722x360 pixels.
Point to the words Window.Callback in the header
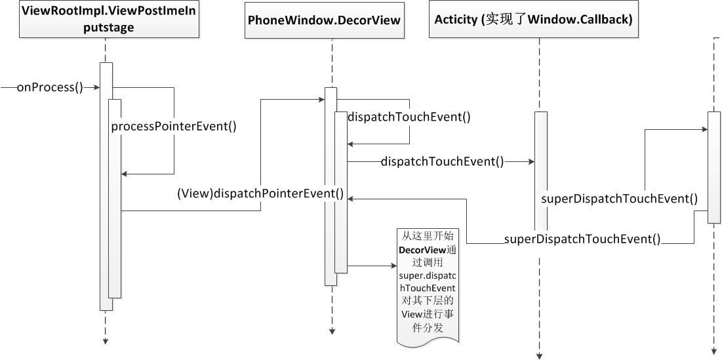pyautogui.click(x=588, y=20)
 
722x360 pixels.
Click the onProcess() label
pyautogui.click(x=50, y=87)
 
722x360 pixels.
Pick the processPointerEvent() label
pyautogui.click(x=173, y=127)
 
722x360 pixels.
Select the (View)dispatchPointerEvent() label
pyautogui.click(x=260, y=193)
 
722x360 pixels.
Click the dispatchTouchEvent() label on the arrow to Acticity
pyautogui.click(x=442, y=161)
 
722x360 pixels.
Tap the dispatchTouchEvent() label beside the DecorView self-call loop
pyautogui.click(x=409, y=117)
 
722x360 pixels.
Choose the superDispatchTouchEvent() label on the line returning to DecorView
pyautogui.click(x=582, y=239)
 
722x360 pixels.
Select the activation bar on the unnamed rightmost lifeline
pyautogui.click(x=713, y=167)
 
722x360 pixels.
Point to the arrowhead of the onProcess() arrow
pyautogui.click(x=96, y=87)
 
